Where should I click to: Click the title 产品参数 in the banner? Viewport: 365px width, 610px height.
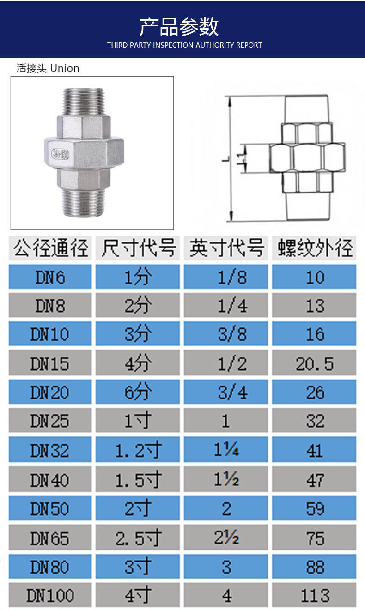[x=179, y=27]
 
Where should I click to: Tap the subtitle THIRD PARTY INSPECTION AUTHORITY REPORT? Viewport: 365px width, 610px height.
[x=184, y=45]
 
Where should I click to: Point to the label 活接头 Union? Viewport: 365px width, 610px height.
[x=48, y=68]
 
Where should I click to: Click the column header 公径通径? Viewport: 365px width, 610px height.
[x=50, y=248]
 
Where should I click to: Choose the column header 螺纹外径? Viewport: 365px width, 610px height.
[x=315, y=248]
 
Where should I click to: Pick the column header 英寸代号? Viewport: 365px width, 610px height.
[x=226, y=248]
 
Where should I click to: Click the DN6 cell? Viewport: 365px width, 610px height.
[x=50, y=277]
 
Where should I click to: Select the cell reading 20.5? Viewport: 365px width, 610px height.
[x=315, y=364]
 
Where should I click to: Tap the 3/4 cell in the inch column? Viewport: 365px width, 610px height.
[x=226, y=393]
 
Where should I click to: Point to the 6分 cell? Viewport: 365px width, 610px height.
[x=138, y=393]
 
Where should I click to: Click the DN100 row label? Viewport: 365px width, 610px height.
[x=50, y=596]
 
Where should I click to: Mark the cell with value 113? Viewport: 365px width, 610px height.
[x=315, y=596]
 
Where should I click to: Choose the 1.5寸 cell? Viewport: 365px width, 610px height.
[x=138, y=480]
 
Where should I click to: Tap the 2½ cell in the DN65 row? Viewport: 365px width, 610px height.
[x=226, y=538]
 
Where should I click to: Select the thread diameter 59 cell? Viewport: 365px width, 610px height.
[x=315, y=509]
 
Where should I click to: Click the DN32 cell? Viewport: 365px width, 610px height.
[x=50, y=451]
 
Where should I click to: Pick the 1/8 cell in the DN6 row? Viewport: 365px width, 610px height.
[x=226, y=277]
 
